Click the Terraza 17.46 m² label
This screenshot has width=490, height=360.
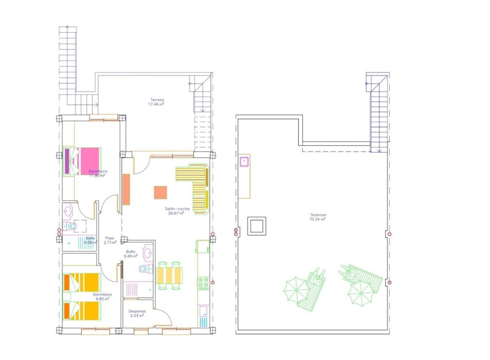(x=156, y=102)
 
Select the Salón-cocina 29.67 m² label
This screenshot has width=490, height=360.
(x=176, y=211)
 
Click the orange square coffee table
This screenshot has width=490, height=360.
(x=161, y=193)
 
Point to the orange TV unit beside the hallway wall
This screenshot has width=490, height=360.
(x=126, y=189)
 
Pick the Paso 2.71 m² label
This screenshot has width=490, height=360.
(x=109, y=240)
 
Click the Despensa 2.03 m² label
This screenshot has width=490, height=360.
(x=137, y=313)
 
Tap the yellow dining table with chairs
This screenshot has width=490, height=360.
(x=169, y=275)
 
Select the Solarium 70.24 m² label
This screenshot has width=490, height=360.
(x=318, y=217)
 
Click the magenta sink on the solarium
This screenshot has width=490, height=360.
(x=244, y=161)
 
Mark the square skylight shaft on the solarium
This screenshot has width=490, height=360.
(x=256, y=226)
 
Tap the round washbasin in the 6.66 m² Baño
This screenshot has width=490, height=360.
(x=147, y=252)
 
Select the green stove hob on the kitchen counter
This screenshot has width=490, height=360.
(x=203, y=282)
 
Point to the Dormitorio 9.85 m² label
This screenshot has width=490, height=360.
(x=102, y=297)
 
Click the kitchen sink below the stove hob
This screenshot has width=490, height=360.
(x=203, y=312)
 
